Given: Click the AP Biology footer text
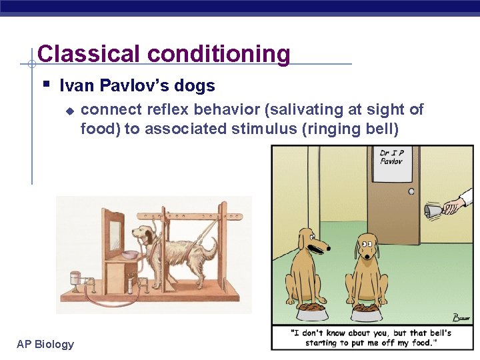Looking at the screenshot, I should tap(45, 344).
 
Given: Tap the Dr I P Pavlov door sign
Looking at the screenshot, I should tap(391, 157).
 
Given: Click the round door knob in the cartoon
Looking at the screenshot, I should tap(411, 191).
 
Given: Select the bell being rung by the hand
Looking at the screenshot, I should tap(432, 211).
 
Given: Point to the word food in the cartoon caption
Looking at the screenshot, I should tap(427, 342).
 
